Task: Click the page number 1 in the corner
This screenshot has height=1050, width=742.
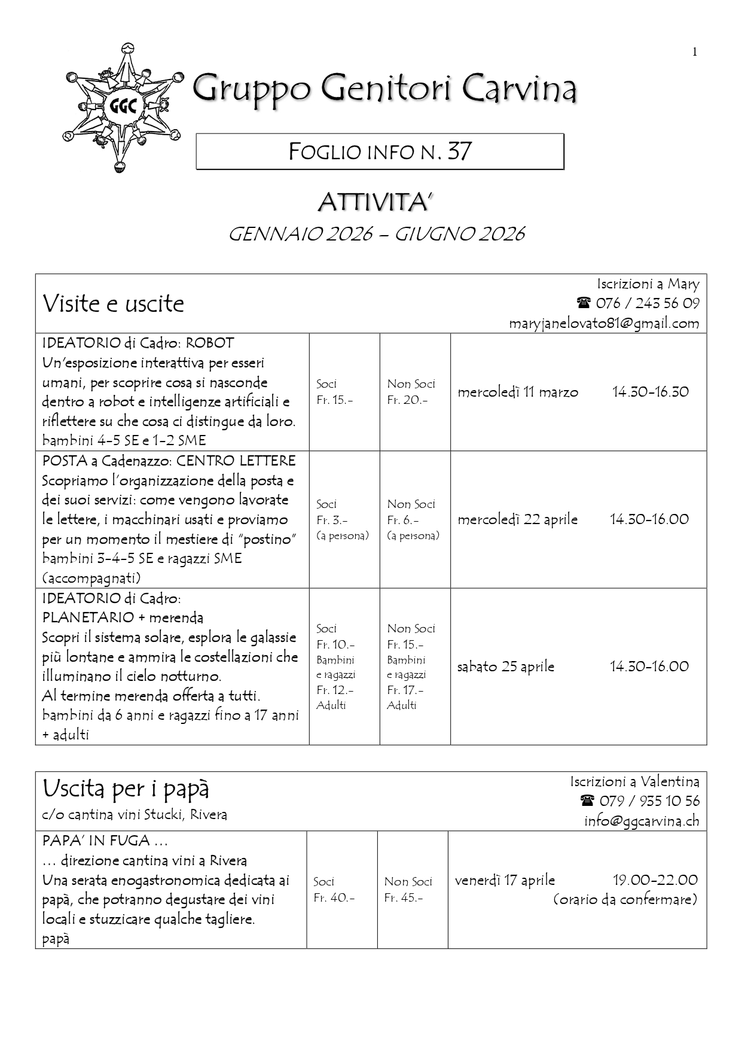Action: coord(695,52)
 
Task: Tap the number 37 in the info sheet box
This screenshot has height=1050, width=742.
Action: coord(459,151)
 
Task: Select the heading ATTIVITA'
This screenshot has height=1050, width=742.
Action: coord(374,203)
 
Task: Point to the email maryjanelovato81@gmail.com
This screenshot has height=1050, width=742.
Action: coord(604,324)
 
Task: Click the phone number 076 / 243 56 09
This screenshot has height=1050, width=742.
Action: coord(647,303)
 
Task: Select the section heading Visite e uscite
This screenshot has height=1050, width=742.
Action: coord(113,304)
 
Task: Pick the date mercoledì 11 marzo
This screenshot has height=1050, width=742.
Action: coord(518,392)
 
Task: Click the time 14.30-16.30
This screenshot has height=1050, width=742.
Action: coord(650,392)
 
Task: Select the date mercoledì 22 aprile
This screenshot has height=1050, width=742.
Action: coord(518,519)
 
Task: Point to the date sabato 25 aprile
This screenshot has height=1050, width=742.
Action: coord(506,666)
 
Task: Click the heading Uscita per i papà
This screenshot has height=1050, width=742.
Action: coord(126,790)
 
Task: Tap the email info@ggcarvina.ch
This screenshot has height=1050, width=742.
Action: coord(642,821)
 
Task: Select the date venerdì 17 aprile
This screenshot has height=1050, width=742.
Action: coord(505,881)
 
